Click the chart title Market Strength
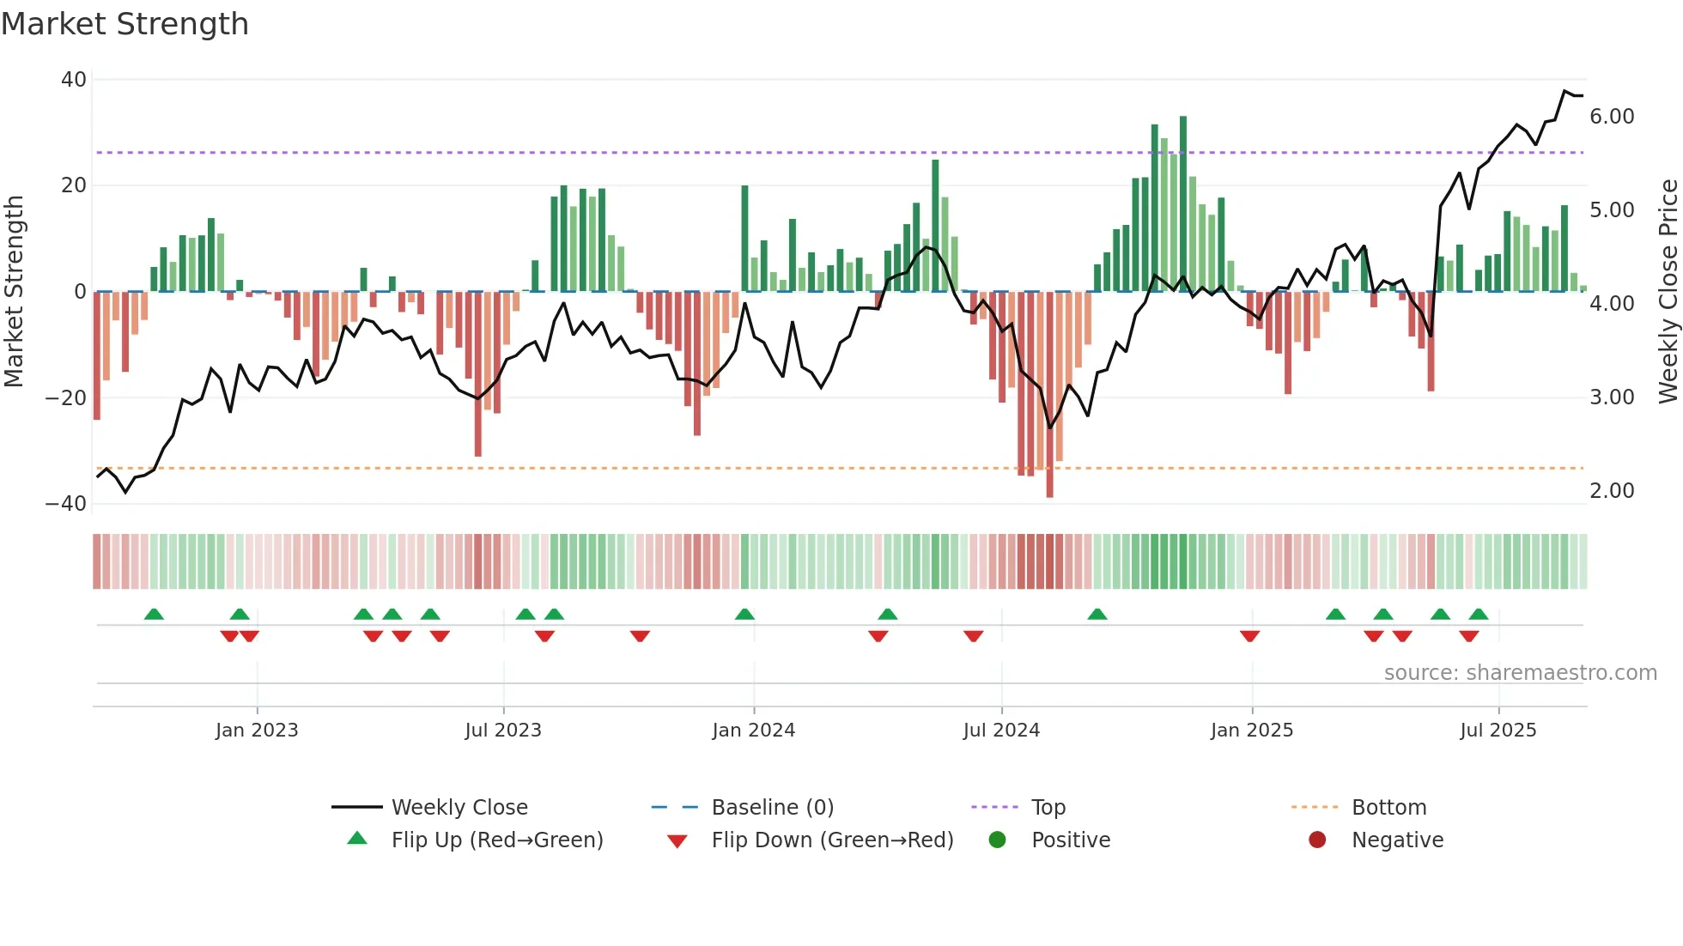(x=125, y=24)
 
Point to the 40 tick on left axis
(x=74, y=80)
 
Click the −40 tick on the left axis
(x=66, y=504)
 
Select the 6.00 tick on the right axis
(x=1612, y=117)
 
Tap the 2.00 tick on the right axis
(x=1612, y=491)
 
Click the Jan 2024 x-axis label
(x=753, y=731)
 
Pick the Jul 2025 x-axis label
(x=1498, y=731)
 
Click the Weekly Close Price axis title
(x=1668, y=292)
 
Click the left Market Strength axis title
(x=14, y=292)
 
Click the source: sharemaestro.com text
(x=1520, y=673)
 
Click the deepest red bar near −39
(x=1049, y=395)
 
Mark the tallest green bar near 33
(x=1183, y=204)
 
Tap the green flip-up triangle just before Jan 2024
(x=744, y=615)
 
